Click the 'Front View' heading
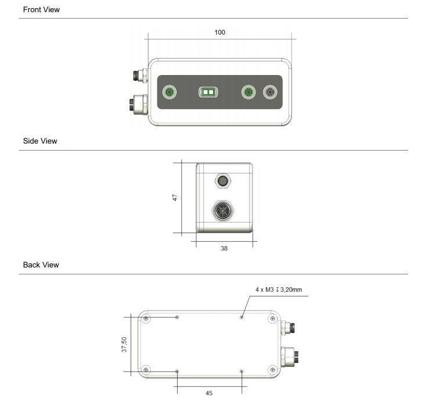pyautogui.click(x=41, y=10)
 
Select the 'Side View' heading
pyautogui.click(x=40, y=141)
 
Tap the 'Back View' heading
pyautogui.click(x=41, y=265)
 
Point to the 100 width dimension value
pyautogui.click(x=219, y=33)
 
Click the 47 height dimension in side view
pyautogui.click(x=175, y=198)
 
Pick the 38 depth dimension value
pyautogui.click(x=224, y=248)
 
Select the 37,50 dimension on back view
pyautogui.click(x=124, y=344)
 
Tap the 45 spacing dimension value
pyautogui.click(x=209, y=394)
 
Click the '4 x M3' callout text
pyautogui.click(x=279, y=289)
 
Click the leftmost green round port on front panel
pyautogui.click(x=170, y=92)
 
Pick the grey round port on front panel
pyautogui.click(x=271, y=92)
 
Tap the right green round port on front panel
pyautogui.click(x=248, y=92)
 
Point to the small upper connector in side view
pyautogui.click(x=224, y=181)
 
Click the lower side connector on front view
pyautogui.click(x=139, y=105)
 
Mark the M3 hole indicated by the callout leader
pyautogui.click(x=242, y=317)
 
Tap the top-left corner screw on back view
pyautogui.click(x=146, y=319)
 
